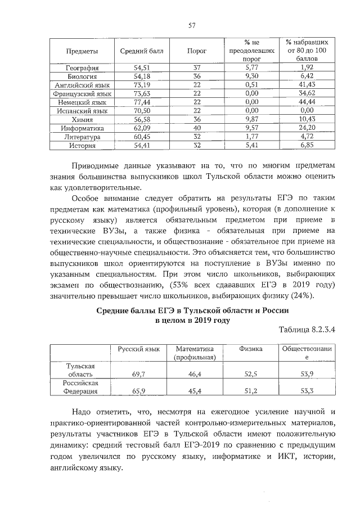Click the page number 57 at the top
click(191, 25)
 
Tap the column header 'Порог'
click(196, 51)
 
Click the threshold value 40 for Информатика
click(196, 128)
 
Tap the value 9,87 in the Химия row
click(251, 120)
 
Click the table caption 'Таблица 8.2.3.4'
click(307, 330)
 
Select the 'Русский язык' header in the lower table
click(139, 349)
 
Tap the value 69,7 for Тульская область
click(139, 373)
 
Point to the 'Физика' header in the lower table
click(251, 349)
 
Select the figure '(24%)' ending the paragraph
click(304, 297)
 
